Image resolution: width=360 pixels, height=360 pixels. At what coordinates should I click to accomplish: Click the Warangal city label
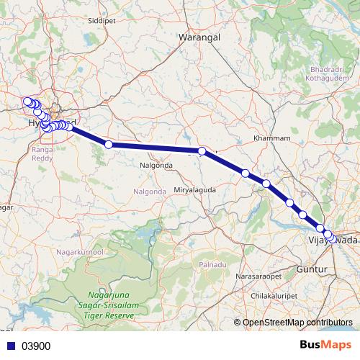(x=199, y=36)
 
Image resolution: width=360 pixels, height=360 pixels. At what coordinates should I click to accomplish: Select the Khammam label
(x=273, y=138)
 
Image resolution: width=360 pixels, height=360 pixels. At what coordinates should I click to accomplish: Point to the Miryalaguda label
(x=195, y=189)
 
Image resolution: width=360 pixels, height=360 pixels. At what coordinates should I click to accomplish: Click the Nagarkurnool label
(x=80, y=253)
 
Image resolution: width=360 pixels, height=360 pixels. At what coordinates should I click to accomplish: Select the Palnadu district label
(x=213, y=265)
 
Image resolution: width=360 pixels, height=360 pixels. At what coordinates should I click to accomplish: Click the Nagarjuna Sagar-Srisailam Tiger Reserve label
(x=110, y=306)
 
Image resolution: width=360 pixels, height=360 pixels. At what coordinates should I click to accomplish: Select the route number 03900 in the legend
(x=36, y=346)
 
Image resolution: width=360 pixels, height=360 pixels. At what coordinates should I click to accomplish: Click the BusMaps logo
(x=325, y=345)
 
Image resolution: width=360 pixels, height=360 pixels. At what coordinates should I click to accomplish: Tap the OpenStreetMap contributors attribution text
(x=297, y=322)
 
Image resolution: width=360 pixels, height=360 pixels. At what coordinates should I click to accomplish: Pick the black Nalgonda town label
(x=156, y=165)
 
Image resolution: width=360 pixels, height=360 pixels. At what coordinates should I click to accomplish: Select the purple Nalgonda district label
(x=150, y=191)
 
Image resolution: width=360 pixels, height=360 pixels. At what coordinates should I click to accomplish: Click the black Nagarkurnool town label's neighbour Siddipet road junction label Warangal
(x=199, y=36)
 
